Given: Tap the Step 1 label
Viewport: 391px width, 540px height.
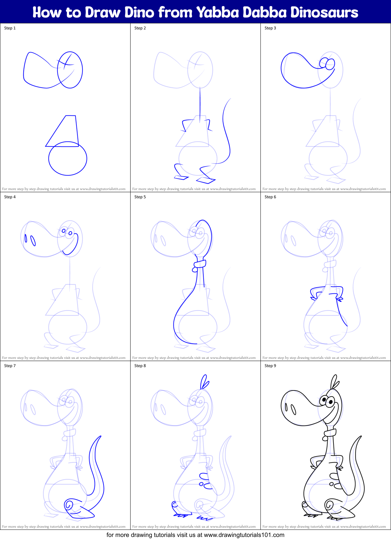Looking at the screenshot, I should coord(10,28).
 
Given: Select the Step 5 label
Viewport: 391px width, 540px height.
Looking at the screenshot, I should coord(140,197).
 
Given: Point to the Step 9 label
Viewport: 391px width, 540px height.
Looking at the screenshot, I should coord(270,366).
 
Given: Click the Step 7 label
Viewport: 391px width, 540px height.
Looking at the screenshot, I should coord(10,366).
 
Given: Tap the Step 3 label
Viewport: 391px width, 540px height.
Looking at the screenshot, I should coord(270,28).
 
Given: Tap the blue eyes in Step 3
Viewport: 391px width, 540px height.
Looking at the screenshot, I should coord(327,63).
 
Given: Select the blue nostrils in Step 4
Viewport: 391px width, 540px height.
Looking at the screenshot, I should coord(30,240).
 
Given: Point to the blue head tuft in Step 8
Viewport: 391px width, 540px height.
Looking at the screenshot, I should coord(204,382).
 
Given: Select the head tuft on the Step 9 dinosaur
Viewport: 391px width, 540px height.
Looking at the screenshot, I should coord(335,382).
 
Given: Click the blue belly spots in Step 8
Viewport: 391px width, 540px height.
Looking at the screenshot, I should coord(204,480).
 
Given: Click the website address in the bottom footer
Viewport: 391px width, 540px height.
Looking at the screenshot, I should coord(244,535).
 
